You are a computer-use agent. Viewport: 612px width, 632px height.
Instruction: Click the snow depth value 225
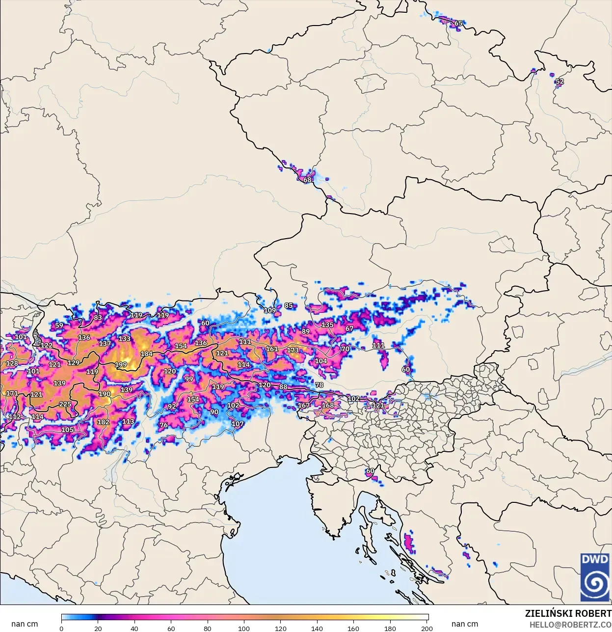(x=65, y=404)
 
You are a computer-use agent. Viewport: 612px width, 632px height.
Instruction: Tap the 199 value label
(x=121, y=364)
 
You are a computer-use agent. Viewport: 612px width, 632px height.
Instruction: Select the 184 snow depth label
(x=146, y=354)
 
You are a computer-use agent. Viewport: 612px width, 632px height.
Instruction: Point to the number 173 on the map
(x=293, y=350)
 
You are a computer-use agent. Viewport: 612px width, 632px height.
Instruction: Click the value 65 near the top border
(x=458, y=23)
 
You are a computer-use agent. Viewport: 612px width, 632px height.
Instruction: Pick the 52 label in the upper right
(x=559, y=82)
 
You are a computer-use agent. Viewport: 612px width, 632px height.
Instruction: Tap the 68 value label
(x=307, y=180)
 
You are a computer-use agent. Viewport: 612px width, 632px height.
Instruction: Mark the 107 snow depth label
(x=238, y=424)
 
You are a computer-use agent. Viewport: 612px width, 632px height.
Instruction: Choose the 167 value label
(x=304, y=406)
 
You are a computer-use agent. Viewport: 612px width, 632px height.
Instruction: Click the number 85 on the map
(x=289, y=305)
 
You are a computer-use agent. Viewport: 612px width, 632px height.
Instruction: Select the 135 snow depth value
(x=327, y=325)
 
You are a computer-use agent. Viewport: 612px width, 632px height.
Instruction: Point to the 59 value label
(x=59, y=325)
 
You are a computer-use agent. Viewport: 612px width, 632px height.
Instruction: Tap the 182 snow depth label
(x=103, y=422)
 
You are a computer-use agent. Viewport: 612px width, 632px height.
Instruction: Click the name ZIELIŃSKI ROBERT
(x=568, y=613)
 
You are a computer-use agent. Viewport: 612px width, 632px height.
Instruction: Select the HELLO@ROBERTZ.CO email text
(x=570, y=625)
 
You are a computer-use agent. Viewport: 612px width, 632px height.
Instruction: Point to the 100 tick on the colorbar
(x=244, y=628)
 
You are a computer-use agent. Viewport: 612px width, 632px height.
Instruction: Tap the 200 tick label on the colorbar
(x=427, y=628)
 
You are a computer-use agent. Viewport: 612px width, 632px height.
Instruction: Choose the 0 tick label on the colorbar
(x=61, y=628)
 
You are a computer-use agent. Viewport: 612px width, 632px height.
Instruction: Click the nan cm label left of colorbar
(x=25, y=624)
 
